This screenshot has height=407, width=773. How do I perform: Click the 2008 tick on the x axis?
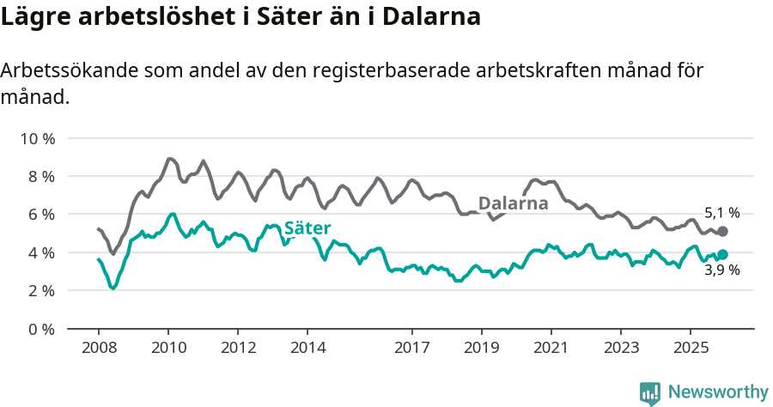coord(98,348)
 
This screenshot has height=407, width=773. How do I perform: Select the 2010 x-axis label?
coord(167,348)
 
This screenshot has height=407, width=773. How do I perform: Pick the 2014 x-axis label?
coord(307,348)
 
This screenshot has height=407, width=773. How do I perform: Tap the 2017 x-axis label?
coord(412,348)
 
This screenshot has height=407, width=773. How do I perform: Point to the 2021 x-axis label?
coord(551,348)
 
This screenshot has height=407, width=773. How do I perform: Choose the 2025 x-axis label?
coord(691,348)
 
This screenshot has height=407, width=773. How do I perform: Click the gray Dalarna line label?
coord(513,203)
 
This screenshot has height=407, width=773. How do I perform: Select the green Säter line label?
coord(307,228)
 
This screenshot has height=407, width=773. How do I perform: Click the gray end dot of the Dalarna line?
coord(722,232)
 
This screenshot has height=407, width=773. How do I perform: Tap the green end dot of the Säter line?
coord(722,254)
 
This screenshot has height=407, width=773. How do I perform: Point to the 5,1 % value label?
coord(721,213)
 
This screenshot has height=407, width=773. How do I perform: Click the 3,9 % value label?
coord(721,270)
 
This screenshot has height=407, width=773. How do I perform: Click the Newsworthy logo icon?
coord(650,392)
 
